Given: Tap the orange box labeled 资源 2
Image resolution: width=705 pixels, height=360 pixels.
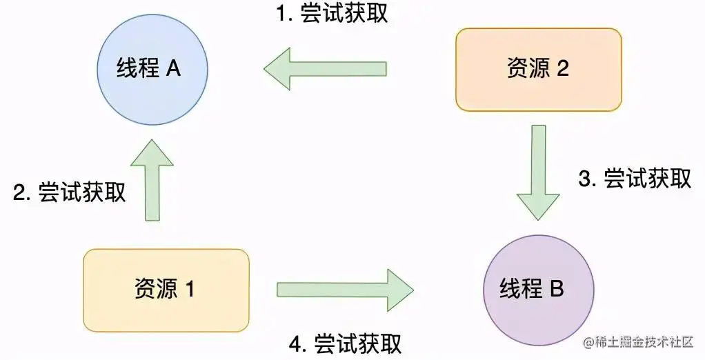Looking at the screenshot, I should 538,69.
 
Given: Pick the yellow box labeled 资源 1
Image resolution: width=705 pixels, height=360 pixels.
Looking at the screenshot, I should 166,290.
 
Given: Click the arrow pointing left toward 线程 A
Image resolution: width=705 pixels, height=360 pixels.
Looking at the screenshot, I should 324,69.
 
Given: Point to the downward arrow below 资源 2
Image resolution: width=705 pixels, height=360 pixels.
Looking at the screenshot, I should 538,172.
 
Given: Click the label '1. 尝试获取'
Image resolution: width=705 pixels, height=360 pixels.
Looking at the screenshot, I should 331,14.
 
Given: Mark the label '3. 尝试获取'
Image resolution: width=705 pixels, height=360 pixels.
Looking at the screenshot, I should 635,179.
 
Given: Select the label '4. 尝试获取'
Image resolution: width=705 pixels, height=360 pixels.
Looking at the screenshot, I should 346,343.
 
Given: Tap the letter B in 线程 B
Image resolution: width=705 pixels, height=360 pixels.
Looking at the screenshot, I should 557,288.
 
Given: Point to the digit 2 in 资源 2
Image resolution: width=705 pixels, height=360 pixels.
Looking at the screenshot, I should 563,69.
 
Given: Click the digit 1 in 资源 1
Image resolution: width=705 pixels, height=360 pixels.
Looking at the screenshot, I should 189,290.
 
